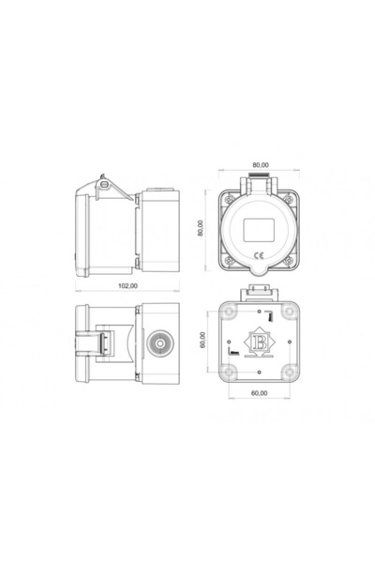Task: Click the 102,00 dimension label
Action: (127, 284)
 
